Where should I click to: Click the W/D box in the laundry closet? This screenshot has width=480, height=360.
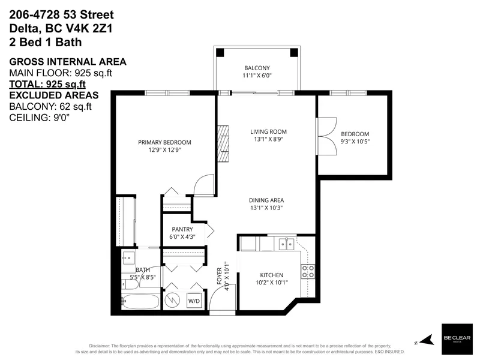(194, 299)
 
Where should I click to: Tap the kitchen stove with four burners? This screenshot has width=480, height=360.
(308, 271)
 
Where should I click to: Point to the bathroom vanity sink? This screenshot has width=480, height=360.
(127, 260)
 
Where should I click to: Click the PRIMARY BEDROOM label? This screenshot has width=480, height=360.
(164, 142)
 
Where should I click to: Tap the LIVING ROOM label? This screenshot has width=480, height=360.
(268, 131)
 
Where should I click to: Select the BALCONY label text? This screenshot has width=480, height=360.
(257, 68)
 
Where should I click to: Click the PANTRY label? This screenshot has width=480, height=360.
(182, 229)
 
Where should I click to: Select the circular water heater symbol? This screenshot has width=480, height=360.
(171, 298)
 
